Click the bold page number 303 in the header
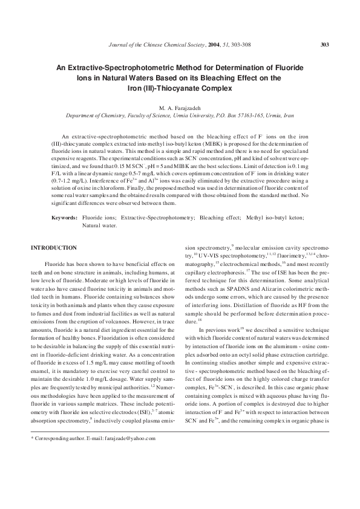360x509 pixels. (324, 44)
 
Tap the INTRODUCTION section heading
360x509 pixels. (54, 248)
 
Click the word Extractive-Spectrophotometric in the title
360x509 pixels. (118, 68)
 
